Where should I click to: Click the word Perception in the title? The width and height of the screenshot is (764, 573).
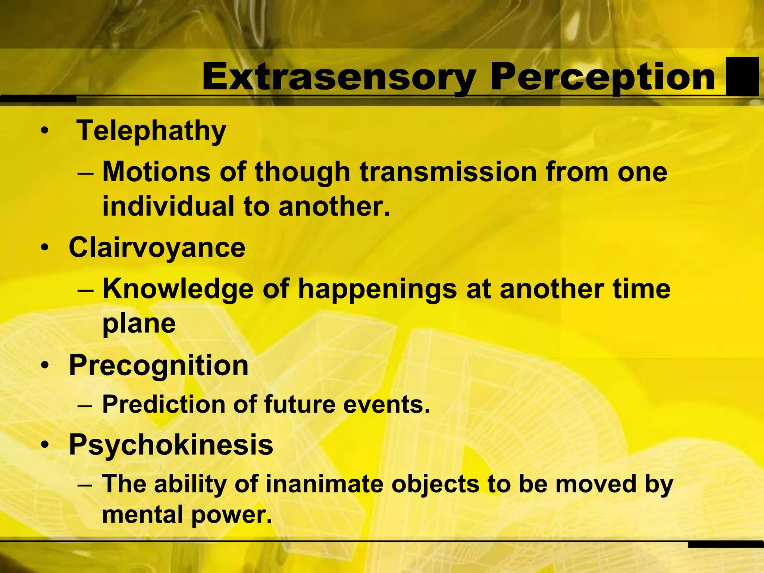point(603,78)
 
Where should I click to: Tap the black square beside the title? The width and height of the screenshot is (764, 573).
point(742,76)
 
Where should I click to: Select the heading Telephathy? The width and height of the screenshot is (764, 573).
point(151,131)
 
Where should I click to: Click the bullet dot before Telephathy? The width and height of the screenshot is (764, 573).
point(45,131)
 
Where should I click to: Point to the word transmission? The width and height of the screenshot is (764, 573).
point(448,172)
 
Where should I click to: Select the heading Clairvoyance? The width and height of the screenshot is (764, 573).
point(157,248)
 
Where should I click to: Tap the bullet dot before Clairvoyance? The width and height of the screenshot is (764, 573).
point(45,248)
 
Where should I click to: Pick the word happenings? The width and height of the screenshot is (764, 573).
point(377,290)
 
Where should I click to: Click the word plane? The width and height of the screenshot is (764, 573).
point(139,323)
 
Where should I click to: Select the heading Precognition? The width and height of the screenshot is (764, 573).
point(159,365)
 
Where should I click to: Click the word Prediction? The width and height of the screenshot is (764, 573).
point(164,404)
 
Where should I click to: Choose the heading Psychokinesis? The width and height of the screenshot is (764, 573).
point(171,445)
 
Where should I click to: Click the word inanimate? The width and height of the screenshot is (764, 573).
point(325,484)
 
